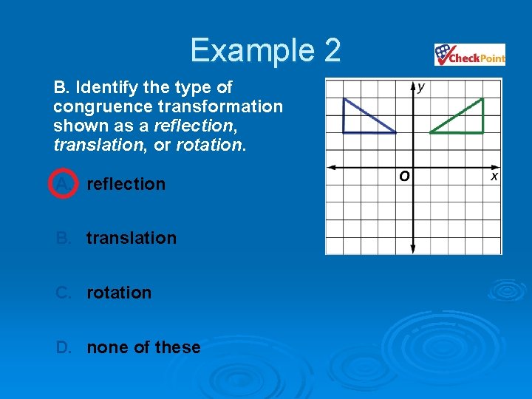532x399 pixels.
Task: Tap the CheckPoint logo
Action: pyautogui.click(x=470, y=55)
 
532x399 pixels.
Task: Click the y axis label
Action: pyautogui.click(x=421, y=87)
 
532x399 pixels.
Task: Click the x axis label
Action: pyautogui.click(x=494, y=177)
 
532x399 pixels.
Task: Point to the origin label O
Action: pyautogui.click(x=404, y=177)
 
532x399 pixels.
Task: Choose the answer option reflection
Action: pyautogui.click(x=126, y=183)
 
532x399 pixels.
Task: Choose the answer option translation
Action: pyautogui.click(x=132, y=238)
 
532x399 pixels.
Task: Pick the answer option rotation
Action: pyautogui.click(x=119, y=293)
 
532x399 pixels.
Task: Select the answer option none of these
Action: pyautogui.click(x=143, y=347)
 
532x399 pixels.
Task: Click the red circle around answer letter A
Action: pyautogui.click(x=64, y=183)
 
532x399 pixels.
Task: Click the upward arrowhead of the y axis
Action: pyautogui.click(x=412, y=83)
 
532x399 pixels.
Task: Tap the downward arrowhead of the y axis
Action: pyautogui.click(x=412, y=249)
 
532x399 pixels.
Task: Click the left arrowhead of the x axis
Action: pyautogui.click(x=330, y=166)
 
